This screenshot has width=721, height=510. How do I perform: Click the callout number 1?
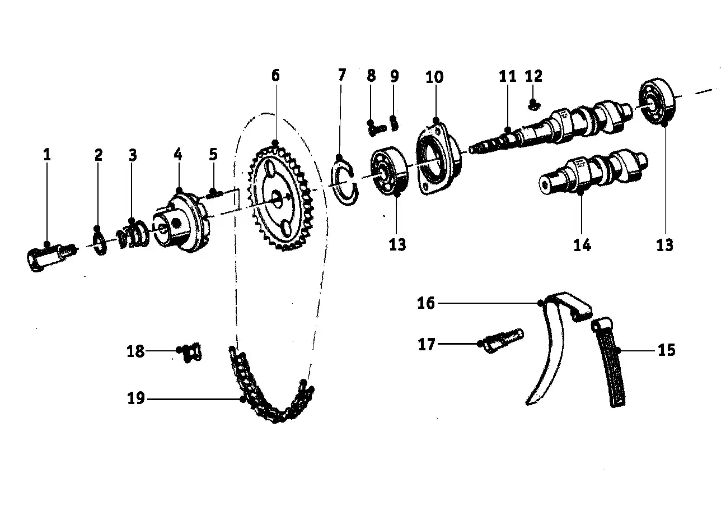click(47, 155)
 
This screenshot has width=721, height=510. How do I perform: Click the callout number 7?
click(342, 75)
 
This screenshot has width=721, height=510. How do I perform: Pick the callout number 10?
click(434, 77)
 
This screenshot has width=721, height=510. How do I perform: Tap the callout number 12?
click(533, 76)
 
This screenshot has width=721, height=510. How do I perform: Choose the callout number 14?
click(582, 244)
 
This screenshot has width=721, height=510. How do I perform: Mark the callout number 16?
click(426, 303)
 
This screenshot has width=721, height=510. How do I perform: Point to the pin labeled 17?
click(502, 340)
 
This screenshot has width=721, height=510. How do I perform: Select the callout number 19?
click(135, 398)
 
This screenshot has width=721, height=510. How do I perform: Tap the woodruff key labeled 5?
click(214, 194)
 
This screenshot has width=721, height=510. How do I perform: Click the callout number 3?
click(133, 155)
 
